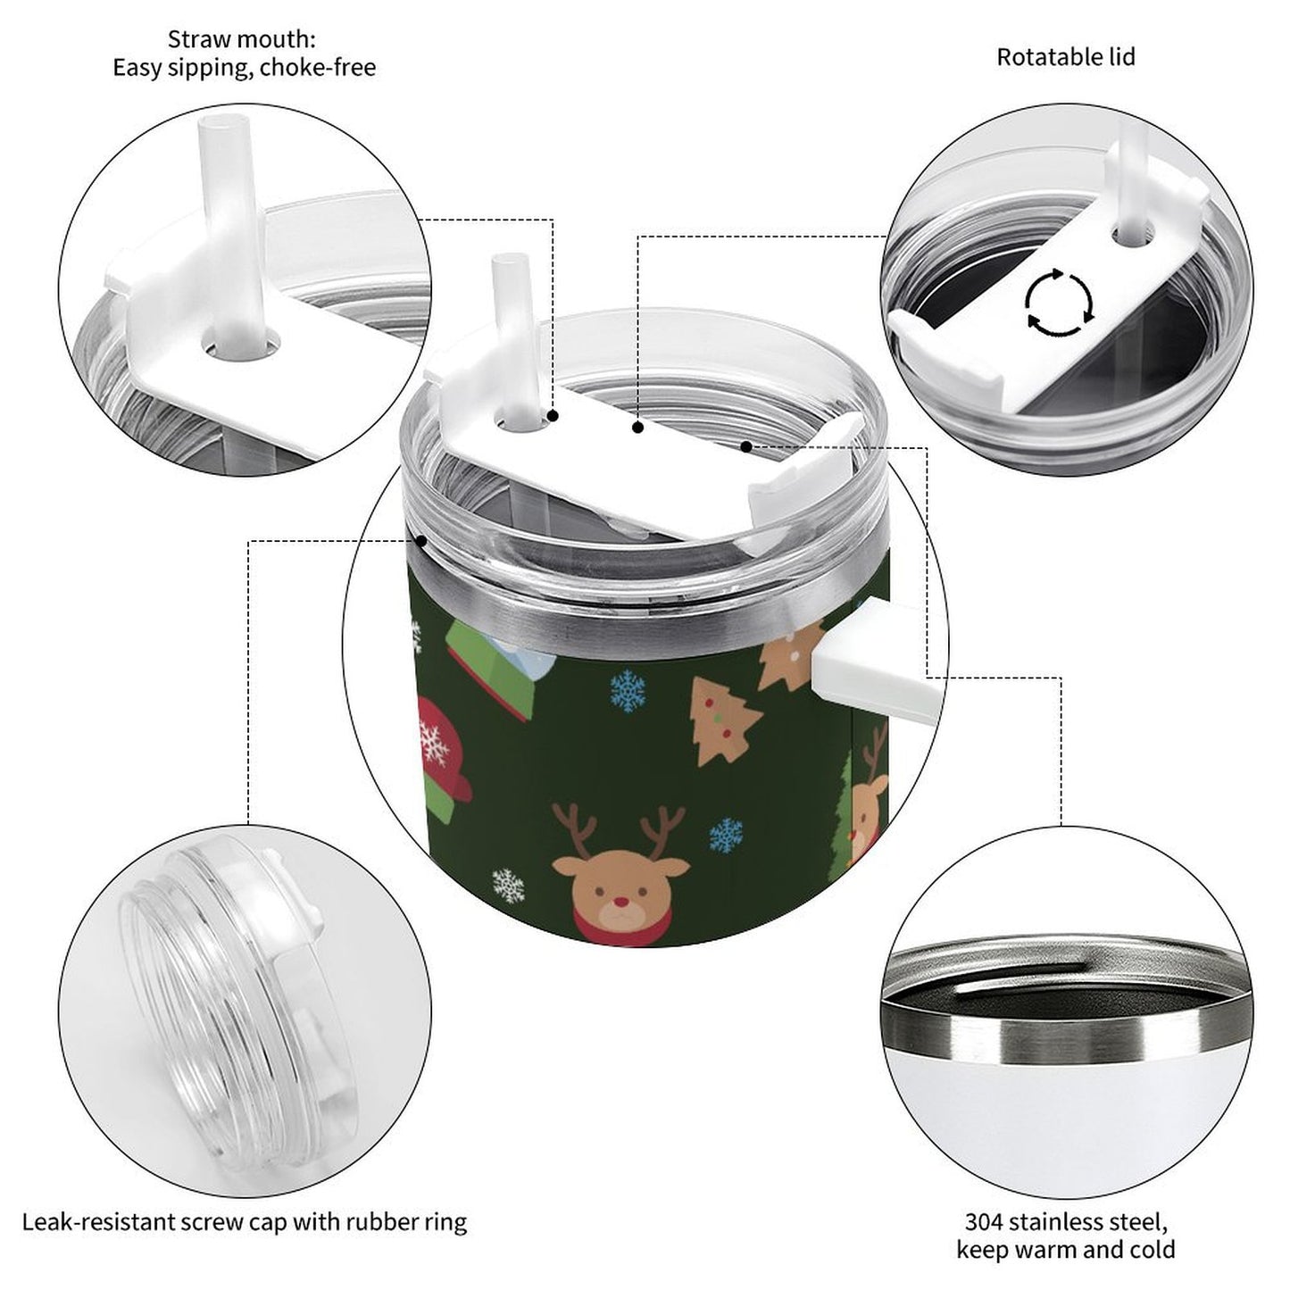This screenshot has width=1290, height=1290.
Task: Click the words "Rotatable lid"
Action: pyautogui.click(x=1065, y=57)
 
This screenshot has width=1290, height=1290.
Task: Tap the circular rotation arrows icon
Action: pyautogui.click(x=1058, y=301)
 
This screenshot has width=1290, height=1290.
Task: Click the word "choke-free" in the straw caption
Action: pyautogui.click(x=318, y=68)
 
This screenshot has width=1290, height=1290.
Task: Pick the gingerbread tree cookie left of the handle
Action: pyautogui.click(x=725, y=731)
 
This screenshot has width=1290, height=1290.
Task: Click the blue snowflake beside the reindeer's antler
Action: pyautogui.click(x=726, y=835)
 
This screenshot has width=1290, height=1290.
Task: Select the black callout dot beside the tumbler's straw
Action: pyautogui.click(x=553, y=416)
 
